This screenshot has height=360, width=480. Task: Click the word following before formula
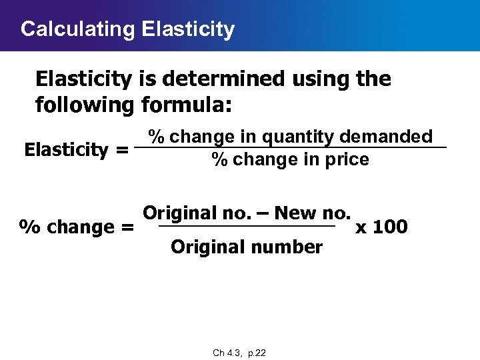coord(85,105)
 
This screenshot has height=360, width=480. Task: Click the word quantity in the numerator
coord(298,137)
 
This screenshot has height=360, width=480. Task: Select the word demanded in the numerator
coord(386,137)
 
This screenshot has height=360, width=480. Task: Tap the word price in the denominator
coord(347,160)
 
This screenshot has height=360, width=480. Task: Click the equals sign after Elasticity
coord(121,149)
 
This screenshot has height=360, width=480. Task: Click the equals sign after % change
coord(127,227)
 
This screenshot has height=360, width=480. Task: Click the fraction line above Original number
coord(247,228)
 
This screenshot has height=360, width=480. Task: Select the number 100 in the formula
coord(390,227)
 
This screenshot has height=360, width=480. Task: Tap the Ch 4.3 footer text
coord(227,353)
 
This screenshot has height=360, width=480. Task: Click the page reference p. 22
coord(257,353)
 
